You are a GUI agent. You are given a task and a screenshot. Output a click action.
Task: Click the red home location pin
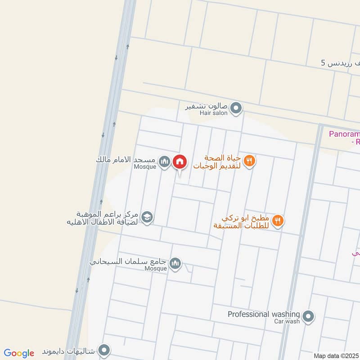tap(180, 162)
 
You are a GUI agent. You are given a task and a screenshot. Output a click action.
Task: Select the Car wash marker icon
tap(308, 317)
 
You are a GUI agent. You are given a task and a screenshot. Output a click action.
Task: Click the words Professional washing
tap(264, 314)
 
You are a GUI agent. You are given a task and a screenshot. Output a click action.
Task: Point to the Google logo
tap(19, 353)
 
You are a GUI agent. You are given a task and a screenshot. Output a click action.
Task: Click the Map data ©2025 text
tap(336, 355)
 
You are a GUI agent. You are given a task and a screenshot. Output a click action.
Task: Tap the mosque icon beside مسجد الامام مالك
tap(165, 162)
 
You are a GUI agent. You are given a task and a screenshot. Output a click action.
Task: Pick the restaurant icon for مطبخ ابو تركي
tap(278, 220)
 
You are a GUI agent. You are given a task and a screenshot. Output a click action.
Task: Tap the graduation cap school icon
tap(147, 217)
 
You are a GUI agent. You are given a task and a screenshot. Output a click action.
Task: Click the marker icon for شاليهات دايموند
tap(104, 350)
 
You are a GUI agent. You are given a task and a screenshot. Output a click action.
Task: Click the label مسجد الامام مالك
tap(126, 160)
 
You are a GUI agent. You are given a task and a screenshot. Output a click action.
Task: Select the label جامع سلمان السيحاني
tap(128, 261)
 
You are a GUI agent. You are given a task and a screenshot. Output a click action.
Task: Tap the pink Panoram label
tap(344, 134)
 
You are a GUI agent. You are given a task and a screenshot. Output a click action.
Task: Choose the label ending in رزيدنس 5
tap(341, 63)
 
